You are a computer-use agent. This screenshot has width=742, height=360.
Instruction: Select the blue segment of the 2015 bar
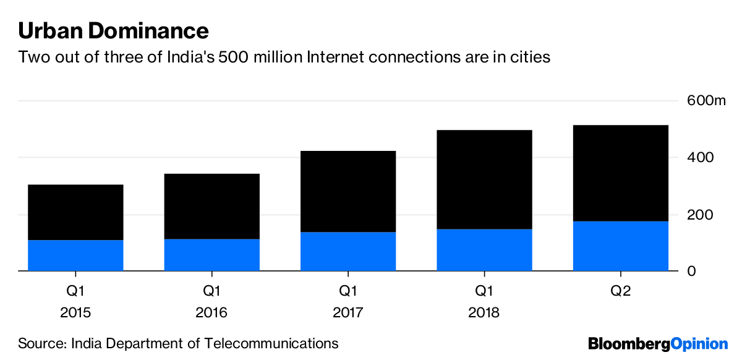(75, 255)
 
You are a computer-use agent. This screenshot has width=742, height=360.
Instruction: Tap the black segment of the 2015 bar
(75, 212)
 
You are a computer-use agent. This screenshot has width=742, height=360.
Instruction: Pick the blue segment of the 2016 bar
(211, 255)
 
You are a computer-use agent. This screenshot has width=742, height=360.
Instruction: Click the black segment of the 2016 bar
(211, 206)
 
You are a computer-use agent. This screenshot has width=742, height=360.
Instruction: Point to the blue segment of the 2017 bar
(348, 252)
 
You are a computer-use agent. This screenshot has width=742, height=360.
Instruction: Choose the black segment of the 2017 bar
(348, 191)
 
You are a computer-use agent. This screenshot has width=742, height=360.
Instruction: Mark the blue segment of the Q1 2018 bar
(484, 250)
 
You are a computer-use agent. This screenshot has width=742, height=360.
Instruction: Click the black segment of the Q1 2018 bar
(484, 179)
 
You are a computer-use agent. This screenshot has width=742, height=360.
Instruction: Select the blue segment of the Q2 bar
(621, 246)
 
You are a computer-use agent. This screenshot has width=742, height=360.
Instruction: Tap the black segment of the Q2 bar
(621, 173)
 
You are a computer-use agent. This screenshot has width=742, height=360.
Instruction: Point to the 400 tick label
(701, 158)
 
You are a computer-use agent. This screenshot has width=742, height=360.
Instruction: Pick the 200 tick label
(701, 215)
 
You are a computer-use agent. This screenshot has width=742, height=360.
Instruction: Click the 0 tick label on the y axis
(692, 272)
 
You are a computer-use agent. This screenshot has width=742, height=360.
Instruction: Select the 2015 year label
(75, 313)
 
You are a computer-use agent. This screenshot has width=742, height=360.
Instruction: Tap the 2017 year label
(348, 313)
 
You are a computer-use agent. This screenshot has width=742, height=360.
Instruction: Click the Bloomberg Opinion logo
(658, 344)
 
